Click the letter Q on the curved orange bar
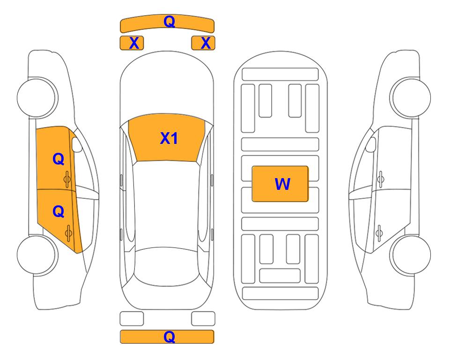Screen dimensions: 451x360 [170, 22]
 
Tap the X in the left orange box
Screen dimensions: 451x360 [134, 43]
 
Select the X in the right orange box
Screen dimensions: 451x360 [206, 43]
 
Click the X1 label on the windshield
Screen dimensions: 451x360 [169, 138]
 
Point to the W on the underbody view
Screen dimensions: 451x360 [282, 184]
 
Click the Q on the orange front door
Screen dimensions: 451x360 [59, 159]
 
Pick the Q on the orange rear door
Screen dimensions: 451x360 [59, 212]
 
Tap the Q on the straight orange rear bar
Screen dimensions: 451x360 [170, 337]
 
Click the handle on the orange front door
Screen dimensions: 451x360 [67, 179]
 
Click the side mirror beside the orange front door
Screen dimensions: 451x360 [76, 145]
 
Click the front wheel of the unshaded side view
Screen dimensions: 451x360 [410, 97]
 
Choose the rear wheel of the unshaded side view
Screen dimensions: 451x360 [410, 255]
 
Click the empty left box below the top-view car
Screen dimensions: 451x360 [132, 319]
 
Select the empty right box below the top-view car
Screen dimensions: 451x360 [203, 319]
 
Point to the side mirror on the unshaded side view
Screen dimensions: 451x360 [371, 145]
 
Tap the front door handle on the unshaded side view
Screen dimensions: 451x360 [380, 179]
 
